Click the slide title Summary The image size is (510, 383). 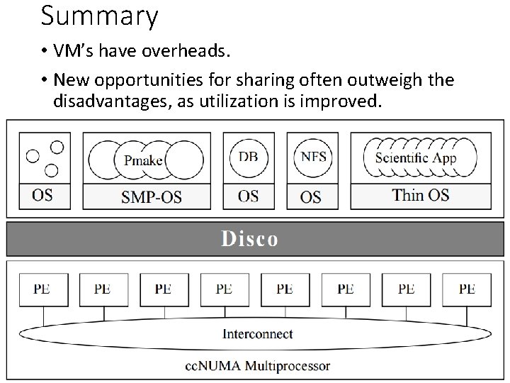[x=99, y=16]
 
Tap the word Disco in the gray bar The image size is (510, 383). [x=249, y=239]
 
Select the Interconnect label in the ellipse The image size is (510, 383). [x=258, y=333]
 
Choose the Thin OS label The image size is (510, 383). [x=421, y=194]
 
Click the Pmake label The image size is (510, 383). [x=143, y=160]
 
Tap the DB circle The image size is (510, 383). [x=248, y=157]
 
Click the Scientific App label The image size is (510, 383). [x=416, y=158]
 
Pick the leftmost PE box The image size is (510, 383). [x=41, y=289]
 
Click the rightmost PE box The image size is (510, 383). [x=467, y=289]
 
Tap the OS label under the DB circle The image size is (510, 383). [x=248, y=195]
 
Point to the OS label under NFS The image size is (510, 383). [x=310, y=196]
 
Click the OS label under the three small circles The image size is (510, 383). [x=42, y=194]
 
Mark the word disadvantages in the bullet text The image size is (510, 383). [x=113, y=101]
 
